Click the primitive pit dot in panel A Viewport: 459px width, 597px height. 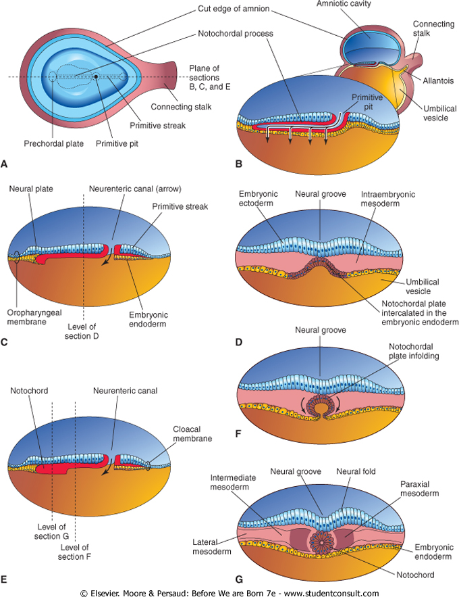click(96, 76)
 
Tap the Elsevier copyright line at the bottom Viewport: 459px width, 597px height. click(230, 592)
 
